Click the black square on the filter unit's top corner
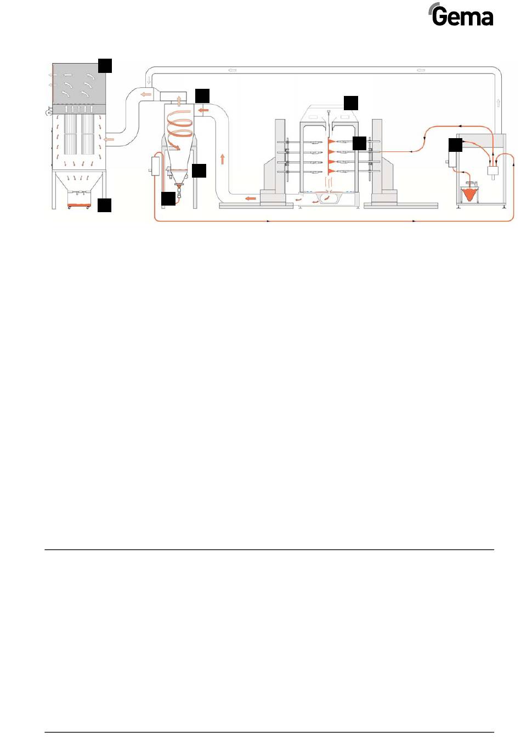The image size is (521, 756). [x=105, y=65]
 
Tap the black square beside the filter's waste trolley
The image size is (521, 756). [x=105, y=205]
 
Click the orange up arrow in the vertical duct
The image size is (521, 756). [x=223, y=159]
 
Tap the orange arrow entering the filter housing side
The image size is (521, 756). [x=110, y=139]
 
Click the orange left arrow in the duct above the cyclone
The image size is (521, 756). [x=146, y=95]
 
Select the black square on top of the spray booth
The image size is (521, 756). [x=350, y=103]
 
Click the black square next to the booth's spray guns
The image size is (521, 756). [x=359, y=143]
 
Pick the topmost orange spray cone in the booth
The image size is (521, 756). [x=331, y=141]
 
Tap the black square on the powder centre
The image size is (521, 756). [x=455, y=145]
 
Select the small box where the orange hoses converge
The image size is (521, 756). [x=492, y=170]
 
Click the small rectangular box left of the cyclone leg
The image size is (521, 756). [x=154, y=165]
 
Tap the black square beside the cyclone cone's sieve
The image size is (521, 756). [x=199, y=170]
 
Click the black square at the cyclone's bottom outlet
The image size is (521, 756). [x=168, y=198]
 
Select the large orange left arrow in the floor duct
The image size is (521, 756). [x=250, y=198]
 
